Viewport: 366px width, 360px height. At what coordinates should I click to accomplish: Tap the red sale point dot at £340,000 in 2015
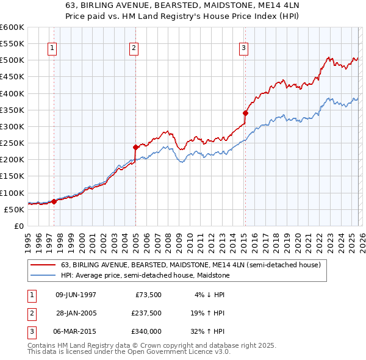[245, 113]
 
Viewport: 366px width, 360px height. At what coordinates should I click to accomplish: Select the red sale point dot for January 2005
[136, 147]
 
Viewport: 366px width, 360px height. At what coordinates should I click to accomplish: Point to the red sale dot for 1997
[54, 201]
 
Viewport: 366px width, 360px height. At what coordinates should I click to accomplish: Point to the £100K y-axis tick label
[12, 193]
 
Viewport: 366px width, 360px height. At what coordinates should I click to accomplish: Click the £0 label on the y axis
[18, 226]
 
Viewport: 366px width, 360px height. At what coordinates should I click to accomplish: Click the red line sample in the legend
[44, 265]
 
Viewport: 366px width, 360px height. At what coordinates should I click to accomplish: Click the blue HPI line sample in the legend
[44, 275]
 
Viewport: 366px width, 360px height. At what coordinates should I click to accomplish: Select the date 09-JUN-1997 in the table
[76, 295]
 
